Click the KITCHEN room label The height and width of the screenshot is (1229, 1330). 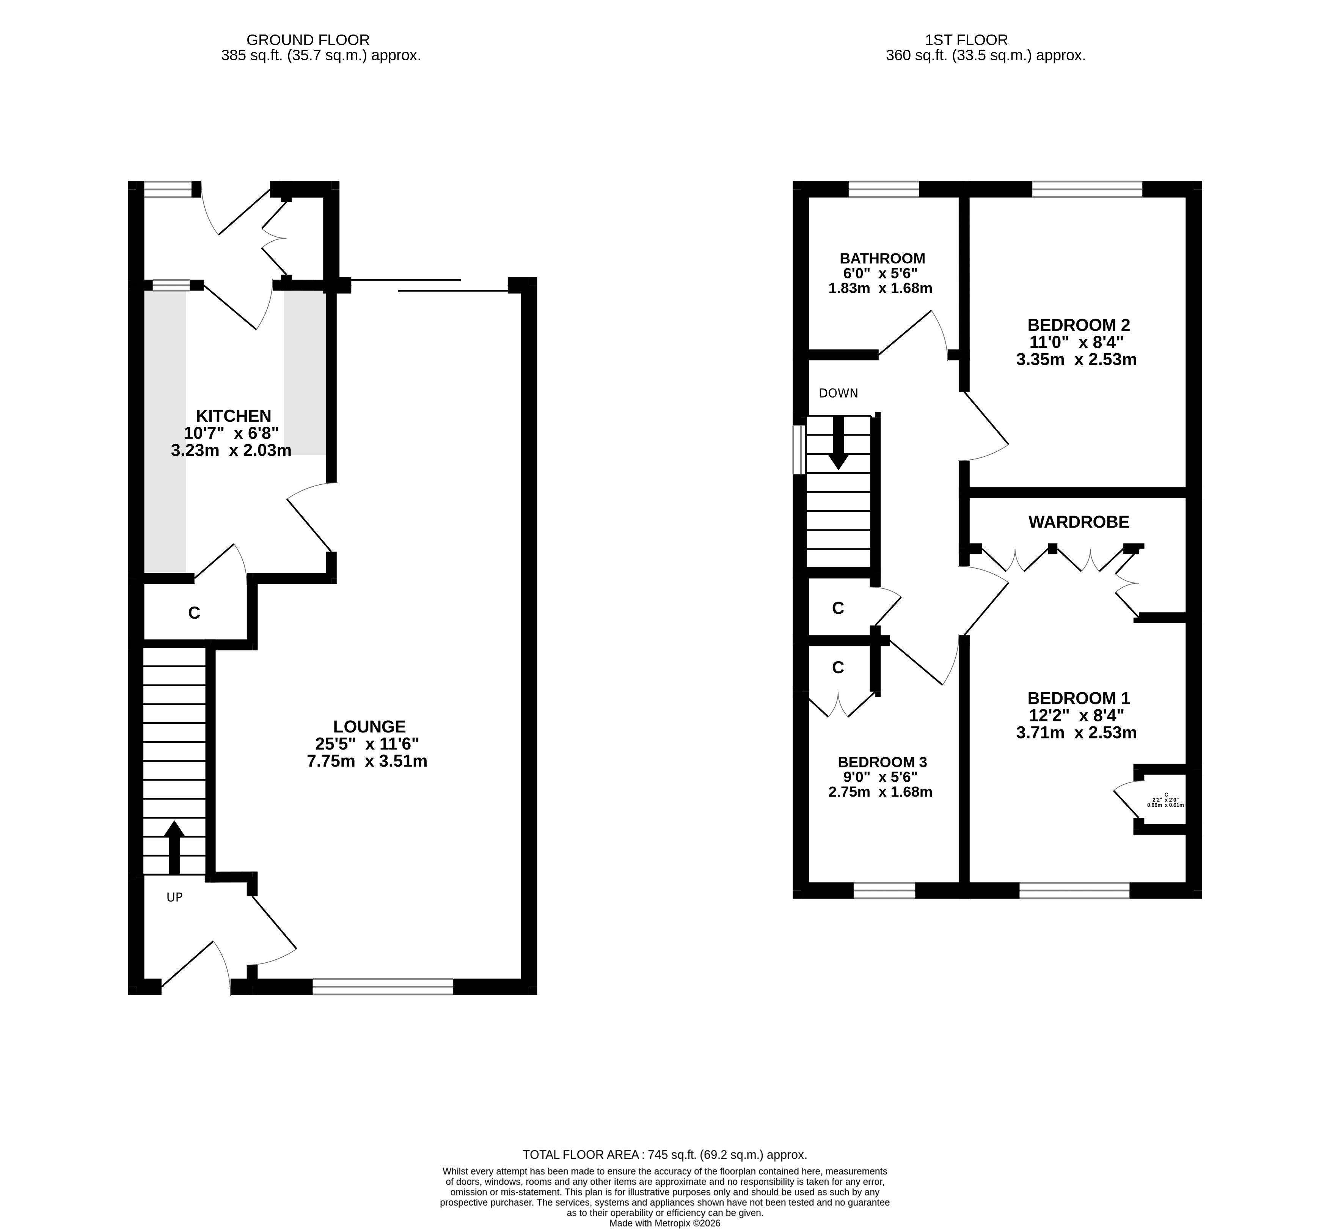coord(233,416)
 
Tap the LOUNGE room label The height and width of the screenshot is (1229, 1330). coord(369,726)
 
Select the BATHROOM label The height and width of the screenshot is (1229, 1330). coord(882,258)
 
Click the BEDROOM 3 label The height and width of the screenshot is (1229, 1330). coord(882,762)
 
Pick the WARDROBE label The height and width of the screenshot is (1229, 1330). coord(1079,522)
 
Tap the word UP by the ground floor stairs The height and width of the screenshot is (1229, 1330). coord(174,897)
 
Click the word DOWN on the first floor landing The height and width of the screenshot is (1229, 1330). coord(838,393)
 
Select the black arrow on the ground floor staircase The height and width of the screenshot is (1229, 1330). coord(174,848)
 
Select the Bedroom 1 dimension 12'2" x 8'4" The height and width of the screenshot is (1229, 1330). coord(1077,715)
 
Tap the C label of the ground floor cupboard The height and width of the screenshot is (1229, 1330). coord(194,613)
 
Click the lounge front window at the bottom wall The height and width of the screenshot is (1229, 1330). coord(383,986)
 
